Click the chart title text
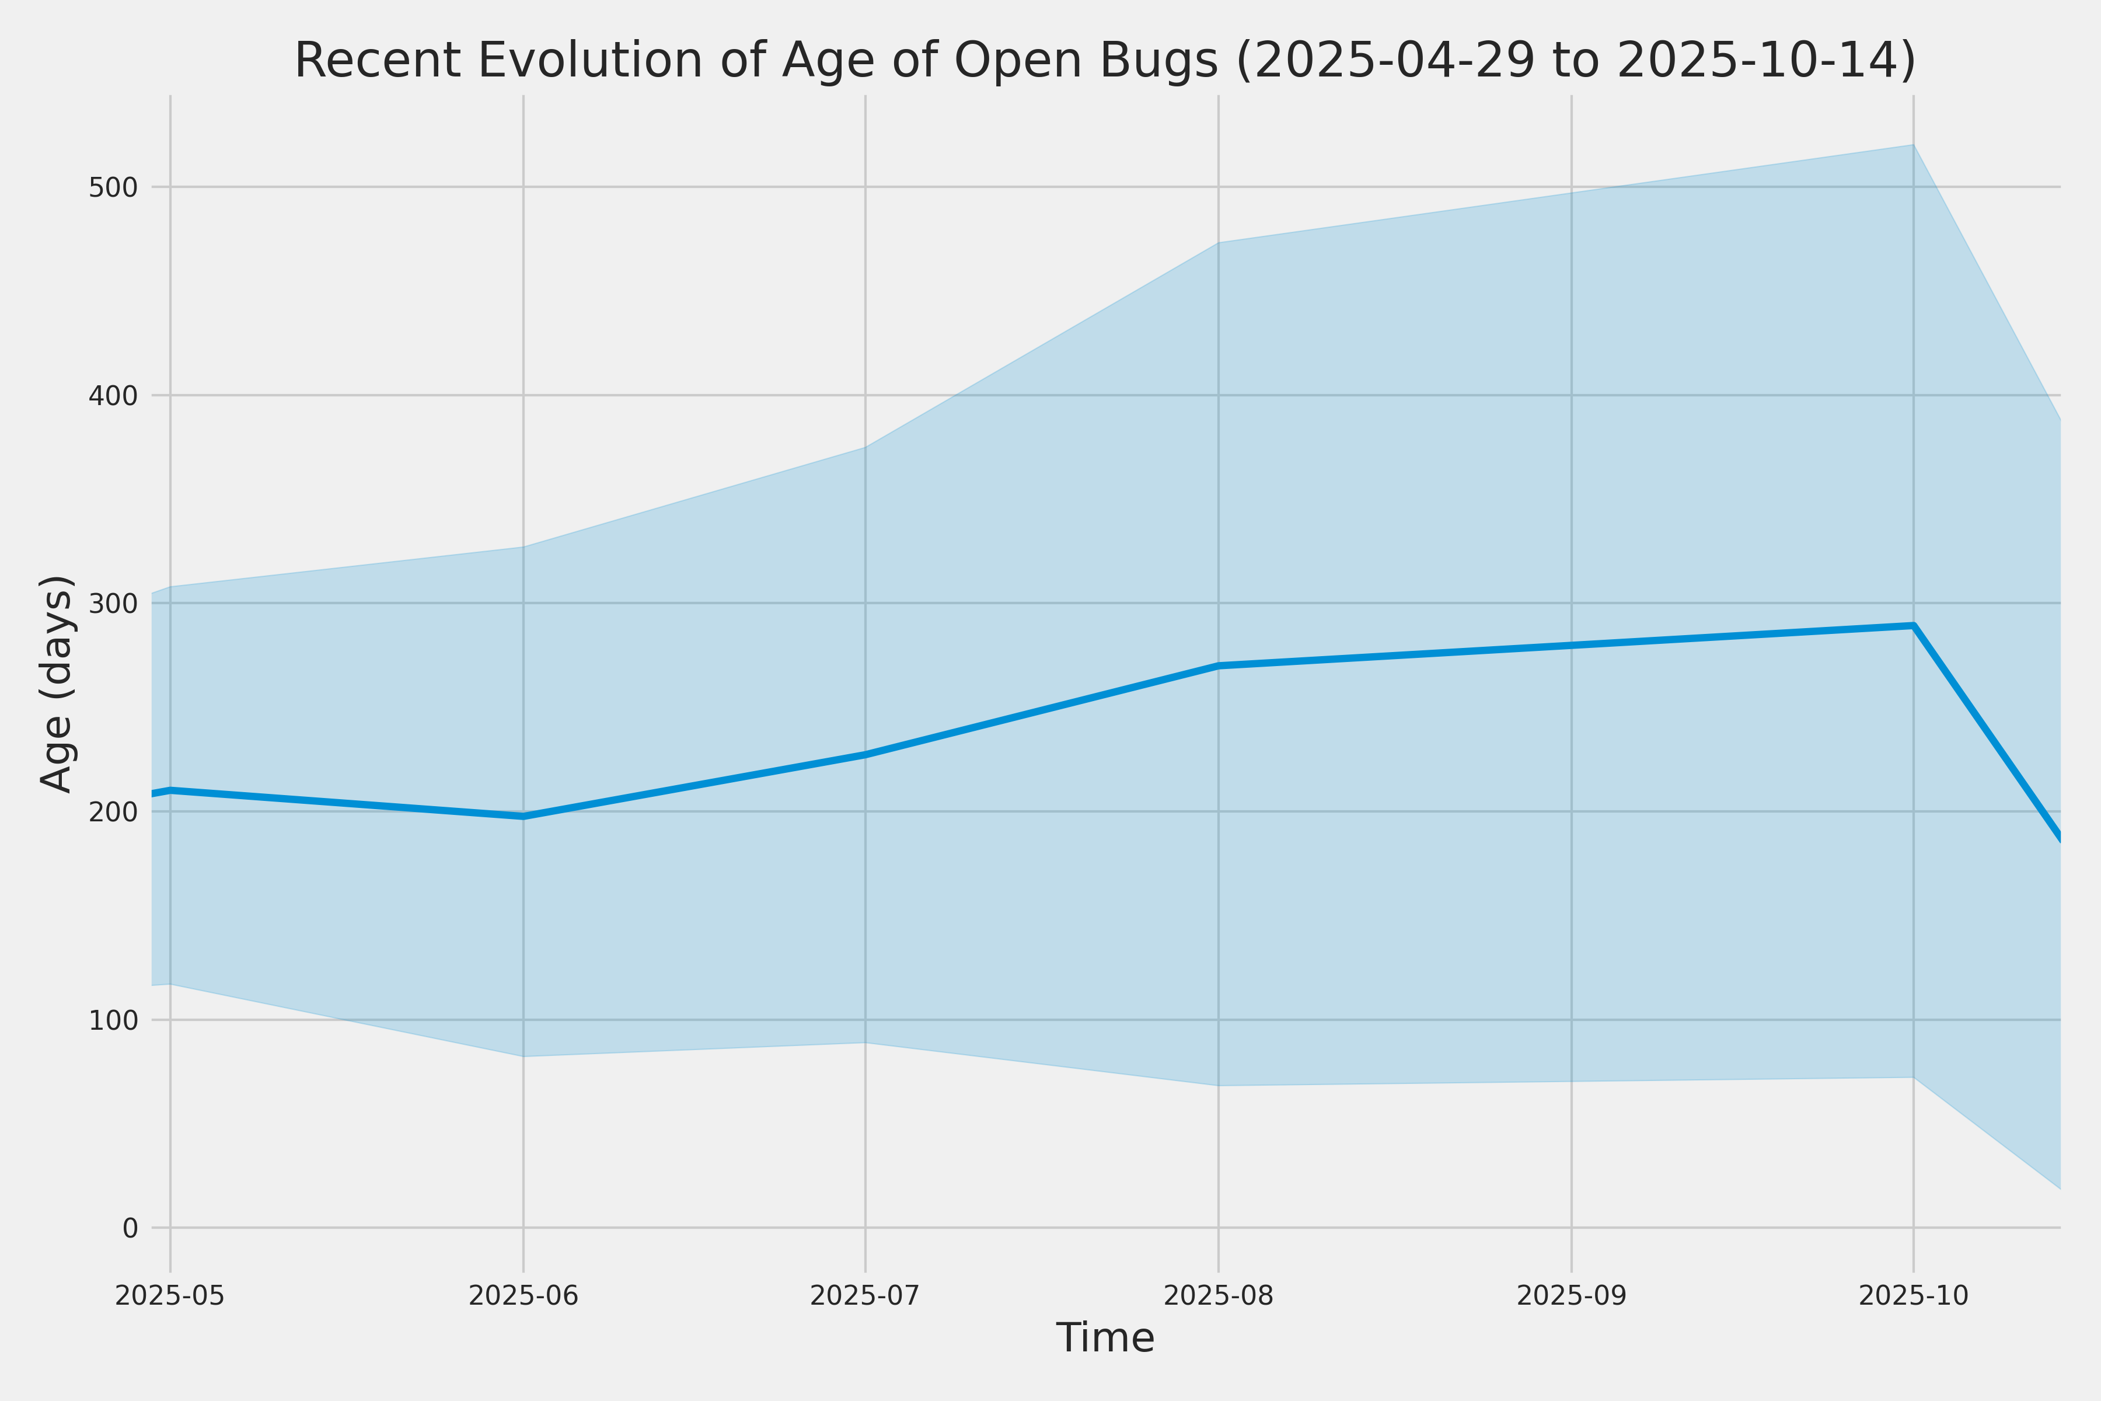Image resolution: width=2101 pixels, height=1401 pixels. (1104, 61)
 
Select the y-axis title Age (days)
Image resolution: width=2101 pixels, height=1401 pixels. (57, 684)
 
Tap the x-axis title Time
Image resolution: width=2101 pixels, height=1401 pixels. (1105, 1337)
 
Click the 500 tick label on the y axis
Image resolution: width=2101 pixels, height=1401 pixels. (113, 187)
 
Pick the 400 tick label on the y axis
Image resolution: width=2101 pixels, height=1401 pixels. (113, 396)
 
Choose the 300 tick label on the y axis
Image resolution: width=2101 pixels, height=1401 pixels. (113, 604)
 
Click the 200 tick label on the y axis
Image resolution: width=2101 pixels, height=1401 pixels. (113, 812)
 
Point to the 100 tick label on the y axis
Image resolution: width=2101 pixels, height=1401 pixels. (113, 1020)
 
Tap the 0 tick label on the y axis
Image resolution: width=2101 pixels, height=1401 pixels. (130, 1229)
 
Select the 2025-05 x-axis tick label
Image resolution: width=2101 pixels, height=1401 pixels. (170, 1295)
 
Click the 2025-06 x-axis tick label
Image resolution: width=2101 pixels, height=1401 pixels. (523, 1295)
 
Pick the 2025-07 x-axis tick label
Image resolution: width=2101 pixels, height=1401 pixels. (865, 1295)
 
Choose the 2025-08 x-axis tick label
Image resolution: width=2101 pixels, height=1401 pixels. (1219, 1295)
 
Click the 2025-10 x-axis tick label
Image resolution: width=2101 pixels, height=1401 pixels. (1914, 1295)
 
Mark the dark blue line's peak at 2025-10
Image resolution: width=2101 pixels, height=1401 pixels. (1914, 625)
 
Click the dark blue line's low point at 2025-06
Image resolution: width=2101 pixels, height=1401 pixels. (523, 817)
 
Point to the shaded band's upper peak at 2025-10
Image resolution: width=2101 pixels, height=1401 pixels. (1914, 145)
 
